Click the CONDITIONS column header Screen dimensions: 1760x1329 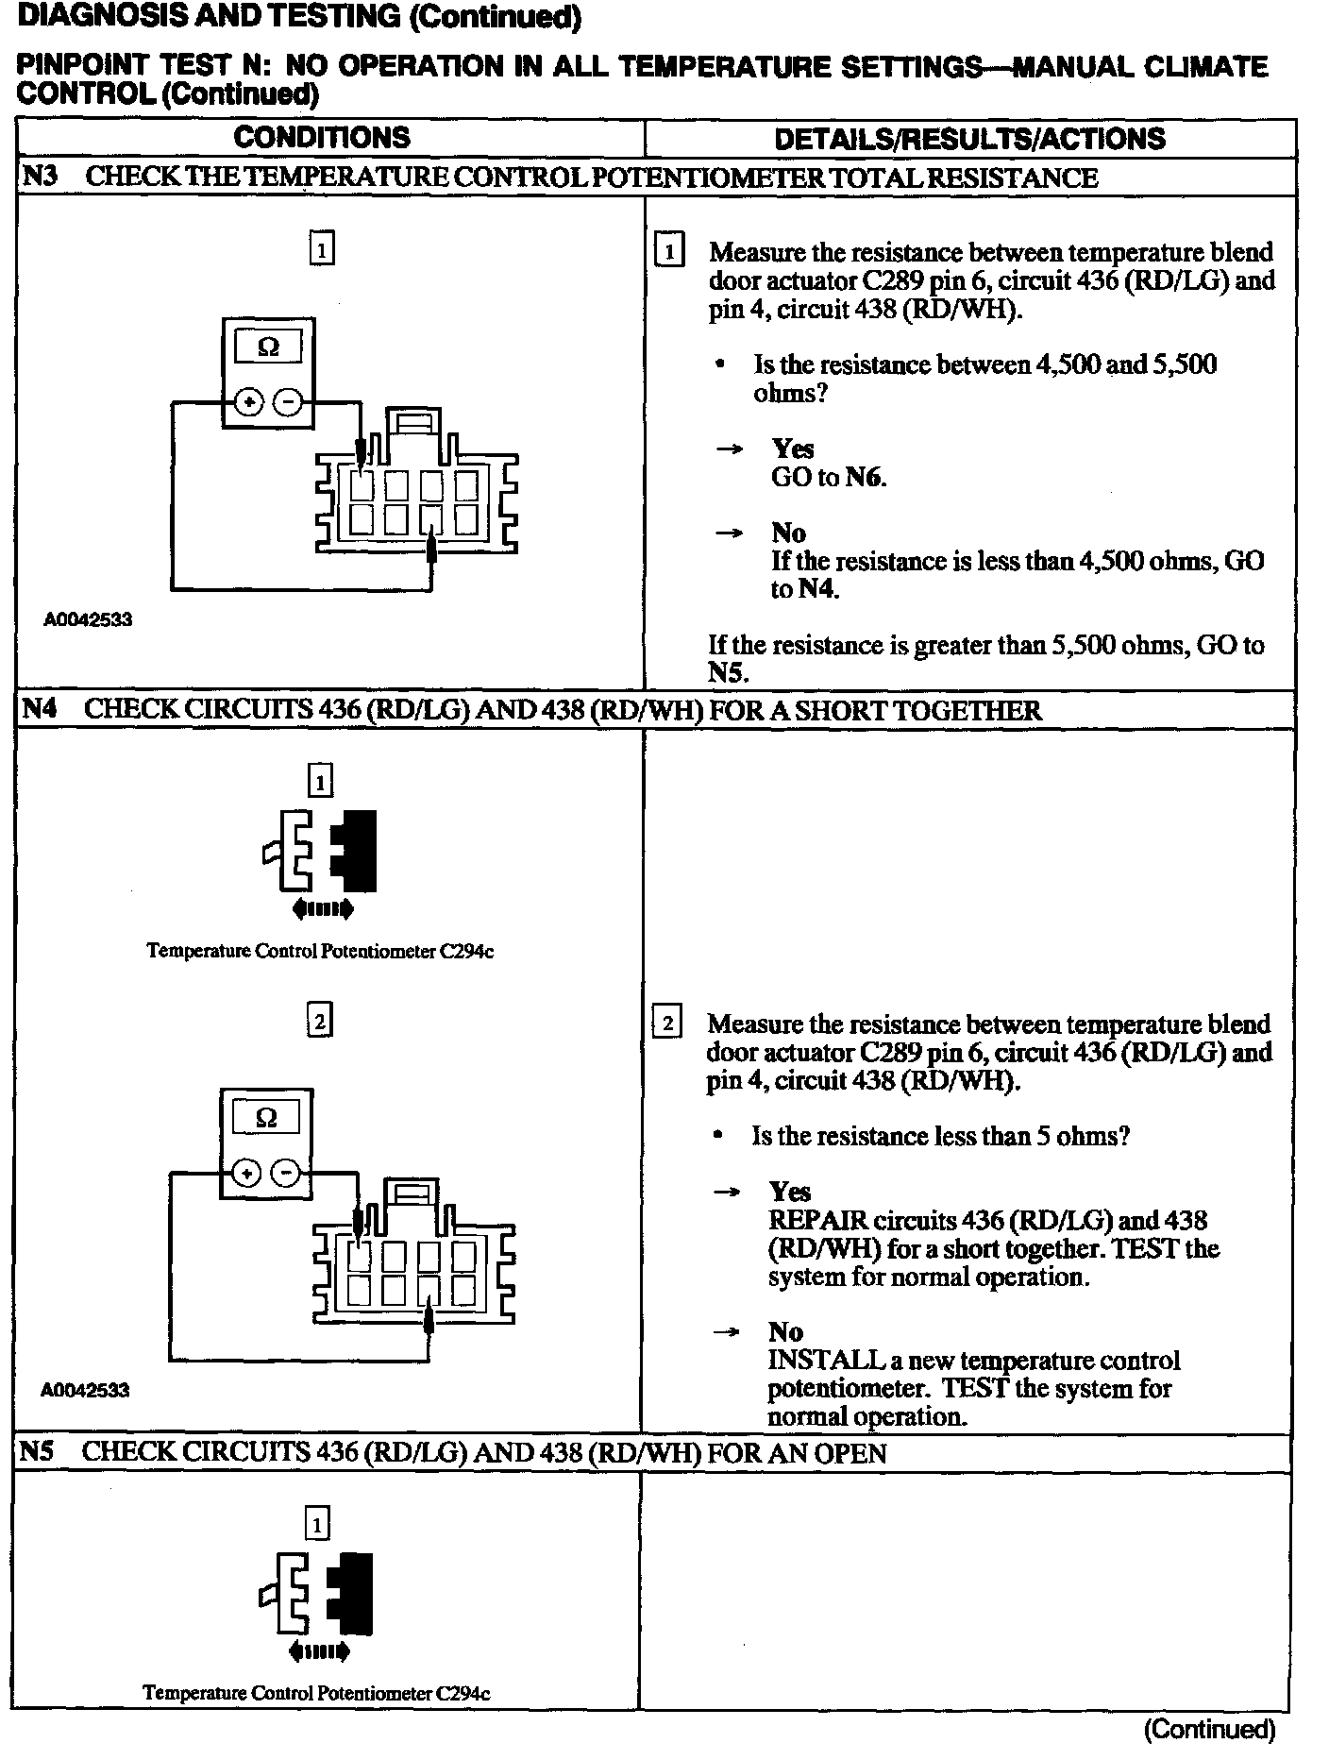(322, 138)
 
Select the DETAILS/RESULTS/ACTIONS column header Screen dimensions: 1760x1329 (969, 139)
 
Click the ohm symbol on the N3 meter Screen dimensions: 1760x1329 (268, 347)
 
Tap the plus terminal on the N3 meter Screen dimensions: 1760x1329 (250, 403)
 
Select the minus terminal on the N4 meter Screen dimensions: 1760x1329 (285, 1174)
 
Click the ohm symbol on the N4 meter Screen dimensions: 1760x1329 (266, 1118)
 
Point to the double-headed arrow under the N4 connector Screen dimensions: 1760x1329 (323, 909)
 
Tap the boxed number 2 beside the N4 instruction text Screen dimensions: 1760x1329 (667, 1024)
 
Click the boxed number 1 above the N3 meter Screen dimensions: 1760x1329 (322, 249)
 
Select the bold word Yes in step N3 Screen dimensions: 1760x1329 (793, 448)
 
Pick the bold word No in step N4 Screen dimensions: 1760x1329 (785, 1331)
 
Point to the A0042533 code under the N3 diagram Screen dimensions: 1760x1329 (88, 619)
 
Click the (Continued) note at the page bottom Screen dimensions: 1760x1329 (1209, 1729)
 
